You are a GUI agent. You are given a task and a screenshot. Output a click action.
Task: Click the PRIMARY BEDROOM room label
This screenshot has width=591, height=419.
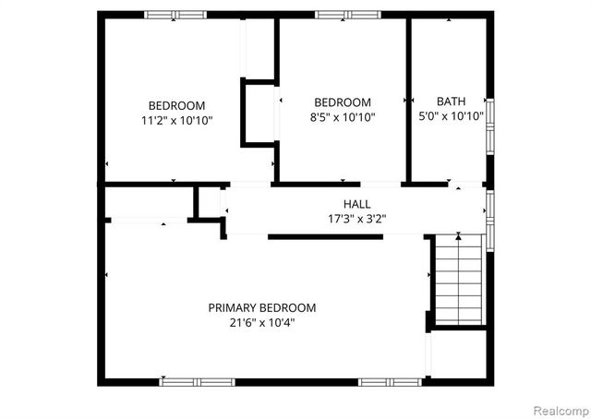coord(261,307)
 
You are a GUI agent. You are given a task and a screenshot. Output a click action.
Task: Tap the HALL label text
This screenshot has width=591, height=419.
coord(356,204)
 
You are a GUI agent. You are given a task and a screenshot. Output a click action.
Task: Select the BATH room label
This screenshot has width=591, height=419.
coord(452,102)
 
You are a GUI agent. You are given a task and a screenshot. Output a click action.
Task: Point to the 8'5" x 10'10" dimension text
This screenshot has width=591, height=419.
coord(343,117)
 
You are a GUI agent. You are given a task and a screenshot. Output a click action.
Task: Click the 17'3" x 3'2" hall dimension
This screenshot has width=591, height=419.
coord(356,220)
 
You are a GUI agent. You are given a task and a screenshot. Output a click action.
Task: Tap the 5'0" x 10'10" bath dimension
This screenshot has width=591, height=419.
coord(452,116)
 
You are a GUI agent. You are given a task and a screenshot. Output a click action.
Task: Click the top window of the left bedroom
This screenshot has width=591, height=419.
coord(175,14)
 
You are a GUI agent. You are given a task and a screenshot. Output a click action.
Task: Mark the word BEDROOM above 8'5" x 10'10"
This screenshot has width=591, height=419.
coord(343,102)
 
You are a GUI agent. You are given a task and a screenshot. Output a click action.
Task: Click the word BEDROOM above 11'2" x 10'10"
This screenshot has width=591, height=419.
coord(177,105)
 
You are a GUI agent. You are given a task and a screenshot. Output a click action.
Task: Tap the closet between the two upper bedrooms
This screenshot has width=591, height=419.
coord(259,111)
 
